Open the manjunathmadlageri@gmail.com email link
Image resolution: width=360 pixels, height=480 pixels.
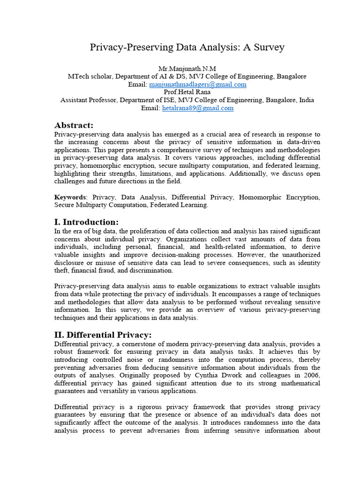[198, 84]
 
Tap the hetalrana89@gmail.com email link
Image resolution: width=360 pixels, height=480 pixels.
[198, 108]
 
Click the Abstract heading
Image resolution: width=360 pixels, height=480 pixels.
[74, 125]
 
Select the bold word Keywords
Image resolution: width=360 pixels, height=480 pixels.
[70, 197]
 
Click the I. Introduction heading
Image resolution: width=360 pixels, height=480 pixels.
[87, 222]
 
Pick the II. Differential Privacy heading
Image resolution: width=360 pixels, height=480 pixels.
[103, 335]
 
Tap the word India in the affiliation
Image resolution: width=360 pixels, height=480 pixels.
[305, 100]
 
